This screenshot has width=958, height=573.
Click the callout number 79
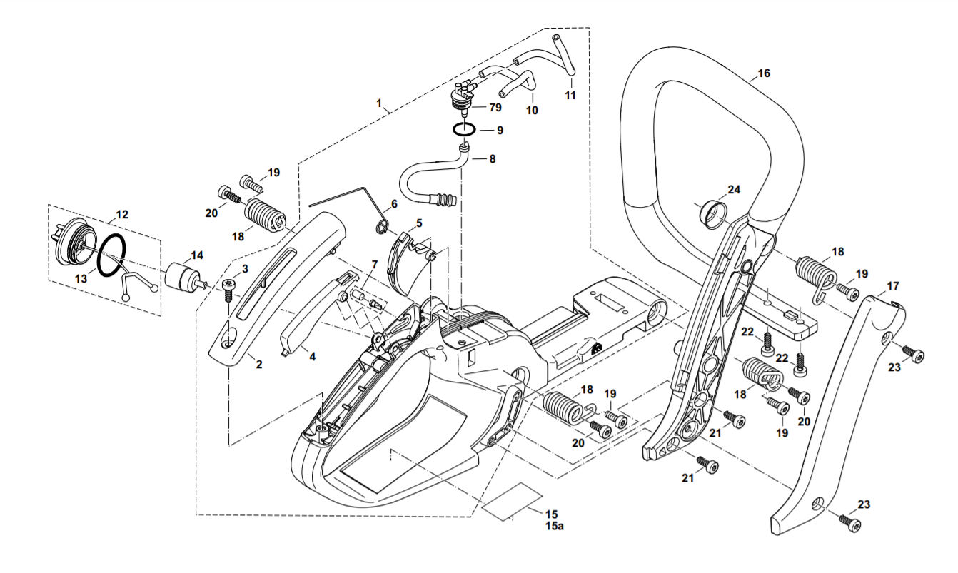click(x=495, y=107)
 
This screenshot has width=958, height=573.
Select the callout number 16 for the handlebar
click(x=763, y=73)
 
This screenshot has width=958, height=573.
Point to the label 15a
click(x=554, y=526)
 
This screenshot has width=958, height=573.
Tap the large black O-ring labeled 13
click(x=112, y=255)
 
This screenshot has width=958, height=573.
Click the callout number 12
click(x=122, y=214)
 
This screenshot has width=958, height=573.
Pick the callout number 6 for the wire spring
click(x=394, y=204)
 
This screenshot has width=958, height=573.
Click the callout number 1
click(x=378, y=103)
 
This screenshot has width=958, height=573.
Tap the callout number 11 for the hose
click(x=570, y=95)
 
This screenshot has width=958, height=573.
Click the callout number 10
click(x=532, y=111)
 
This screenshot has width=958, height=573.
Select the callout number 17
click(x=893, y=285)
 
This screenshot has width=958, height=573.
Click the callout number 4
click(x=312, y=356)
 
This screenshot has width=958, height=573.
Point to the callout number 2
click(x=258, y=365)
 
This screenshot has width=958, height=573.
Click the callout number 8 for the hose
click(x=493, y=159)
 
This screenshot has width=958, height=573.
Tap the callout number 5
click(x=419, y=223)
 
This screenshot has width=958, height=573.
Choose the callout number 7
click(x=375, y=265)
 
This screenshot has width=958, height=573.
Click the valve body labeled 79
click(x=463, y=96)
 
